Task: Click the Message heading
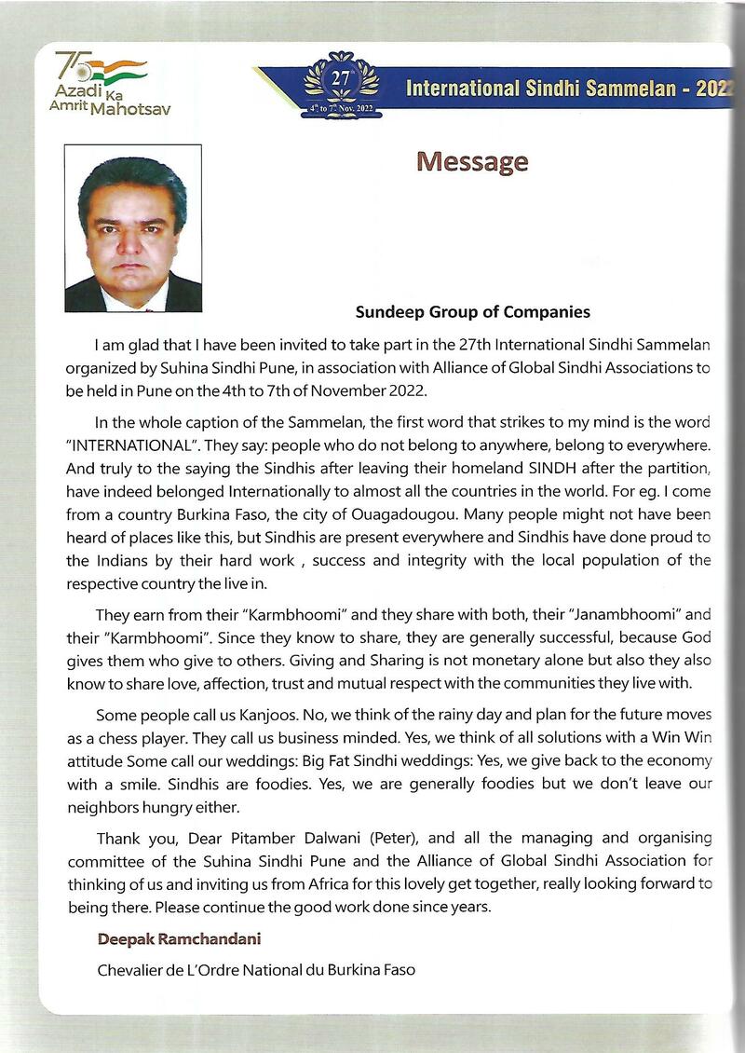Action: click(x=472, y=161)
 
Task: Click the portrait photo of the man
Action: click(x=133, y=228)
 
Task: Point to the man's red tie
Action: click(x=133, y=303)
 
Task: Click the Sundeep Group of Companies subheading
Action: click(x=472, y=312)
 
